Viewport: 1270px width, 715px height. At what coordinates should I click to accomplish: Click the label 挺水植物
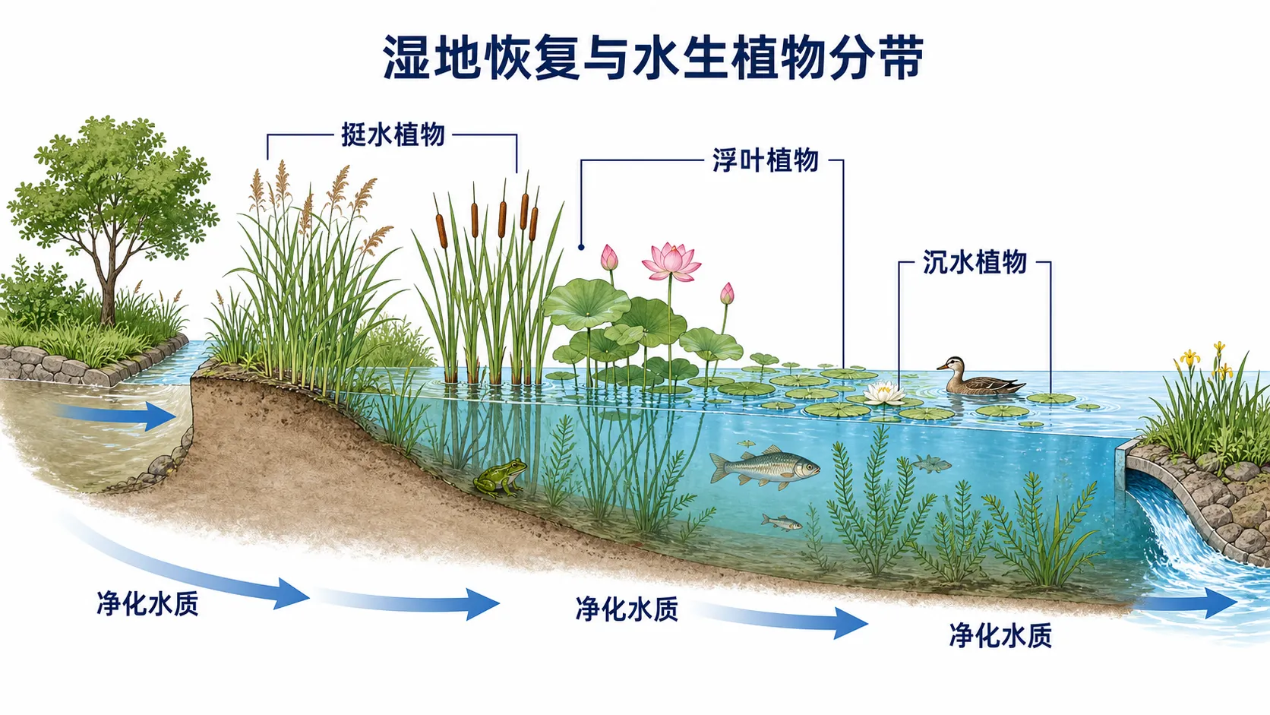pyautogui.click(x=393, y=135)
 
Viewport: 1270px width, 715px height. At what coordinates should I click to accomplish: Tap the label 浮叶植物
pyautogui.click(x=766, y=160)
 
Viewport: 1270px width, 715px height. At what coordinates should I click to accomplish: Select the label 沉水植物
pyautogui.click(x=975, y=262)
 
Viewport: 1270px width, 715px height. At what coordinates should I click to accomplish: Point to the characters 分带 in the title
pyautogui.click(x=876, y=57)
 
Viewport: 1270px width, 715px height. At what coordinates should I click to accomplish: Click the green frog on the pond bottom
pyautogui.click(x=500, y=477)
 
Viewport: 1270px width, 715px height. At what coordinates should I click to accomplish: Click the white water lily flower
pyautogui.click(x=883, y=392)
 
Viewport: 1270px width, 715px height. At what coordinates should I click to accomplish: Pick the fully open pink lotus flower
pyautogui.click(x=671, y=261)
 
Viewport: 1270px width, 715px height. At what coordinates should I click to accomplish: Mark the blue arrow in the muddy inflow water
pyautogui.click(x=115, y=416)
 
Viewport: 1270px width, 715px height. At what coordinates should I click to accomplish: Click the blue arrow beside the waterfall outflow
pyautogui.click(x=1184, y=603)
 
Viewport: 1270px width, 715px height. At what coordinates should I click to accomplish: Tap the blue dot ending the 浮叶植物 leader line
pyautogui.click(x=581, y=247)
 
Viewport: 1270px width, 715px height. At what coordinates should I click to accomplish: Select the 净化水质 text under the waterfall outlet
pyautogui.click(x=1000, y=635)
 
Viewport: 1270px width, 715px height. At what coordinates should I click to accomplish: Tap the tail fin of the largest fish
pyautogui.click(x=719, y=468)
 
